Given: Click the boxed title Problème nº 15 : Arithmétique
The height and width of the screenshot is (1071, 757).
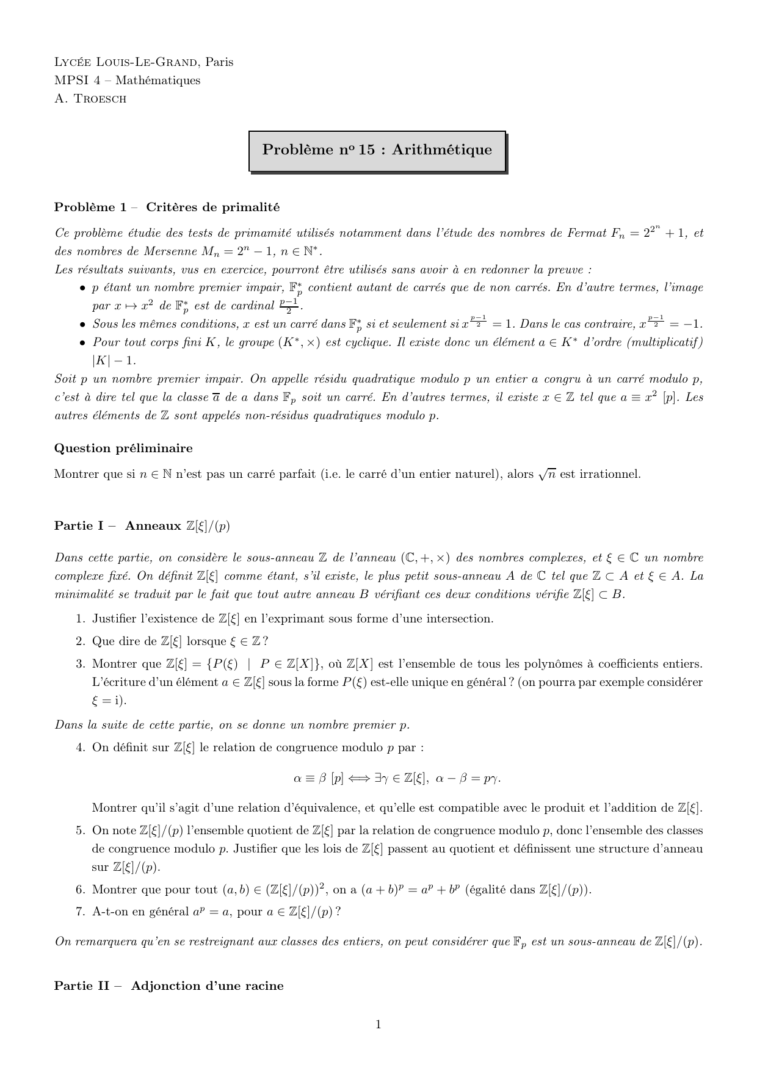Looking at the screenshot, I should (377, 150).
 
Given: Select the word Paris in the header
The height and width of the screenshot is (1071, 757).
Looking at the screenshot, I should (219, 62).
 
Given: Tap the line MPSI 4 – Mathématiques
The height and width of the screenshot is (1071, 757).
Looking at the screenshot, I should (127, 81).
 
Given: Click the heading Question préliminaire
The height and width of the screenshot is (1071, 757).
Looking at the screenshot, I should (123, 449).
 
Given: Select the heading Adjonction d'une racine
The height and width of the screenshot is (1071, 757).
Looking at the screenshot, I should (207, 986).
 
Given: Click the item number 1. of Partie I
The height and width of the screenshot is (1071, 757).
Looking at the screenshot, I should (80, 619).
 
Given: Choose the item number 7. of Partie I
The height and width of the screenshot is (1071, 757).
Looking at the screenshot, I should (80, 912).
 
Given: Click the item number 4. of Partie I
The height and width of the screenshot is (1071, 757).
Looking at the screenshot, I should (80, 748).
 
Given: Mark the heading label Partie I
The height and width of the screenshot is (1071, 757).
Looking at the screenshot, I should (81, 526).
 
